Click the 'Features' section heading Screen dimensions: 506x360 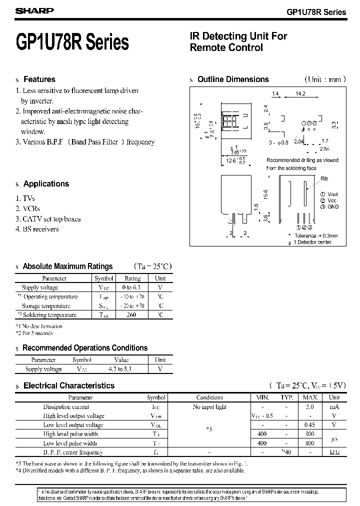point(39,79)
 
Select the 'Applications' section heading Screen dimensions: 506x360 point(46,184)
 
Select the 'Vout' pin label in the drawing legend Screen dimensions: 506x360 point(333,194)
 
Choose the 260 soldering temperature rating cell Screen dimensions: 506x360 point(132,315)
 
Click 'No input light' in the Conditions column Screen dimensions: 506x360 point(210,407)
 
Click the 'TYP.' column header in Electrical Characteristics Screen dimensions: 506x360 point(286,397)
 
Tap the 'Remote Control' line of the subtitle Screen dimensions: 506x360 point(226,48)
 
